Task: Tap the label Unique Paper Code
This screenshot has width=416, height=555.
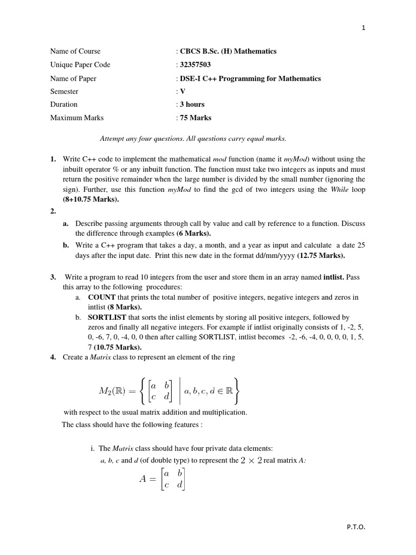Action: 80,65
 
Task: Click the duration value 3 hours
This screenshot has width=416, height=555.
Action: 192,105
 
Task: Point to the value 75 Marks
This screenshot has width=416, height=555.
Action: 196,118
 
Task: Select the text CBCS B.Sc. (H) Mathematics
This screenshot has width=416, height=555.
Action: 228,51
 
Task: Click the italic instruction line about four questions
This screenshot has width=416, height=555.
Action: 193,139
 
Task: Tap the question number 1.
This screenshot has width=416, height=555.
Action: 53,159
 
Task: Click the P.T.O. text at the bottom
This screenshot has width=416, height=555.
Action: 356,527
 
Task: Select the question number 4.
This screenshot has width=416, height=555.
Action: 53,358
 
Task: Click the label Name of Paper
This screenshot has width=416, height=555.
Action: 73,79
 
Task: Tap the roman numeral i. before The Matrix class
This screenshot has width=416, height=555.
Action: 93,448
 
